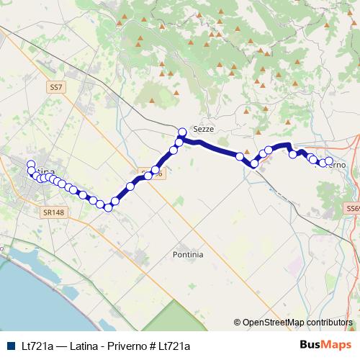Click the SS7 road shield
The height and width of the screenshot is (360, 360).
click(x=57, y=86)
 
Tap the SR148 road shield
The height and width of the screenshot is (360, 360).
click(x=53, y=212)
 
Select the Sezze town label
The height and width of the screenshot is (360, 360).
click(x=204, y=127)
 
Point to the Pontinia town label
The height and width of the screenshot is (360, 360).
click(x=188, y=254)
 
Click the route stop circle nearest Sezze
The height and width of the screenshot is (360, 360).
click(x=182, y=132)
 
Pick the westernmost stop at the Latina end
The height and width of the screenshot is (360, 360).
click(x=30, y=164)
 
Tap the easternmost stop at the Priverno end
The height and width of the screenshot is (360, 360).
click(x=329, y=161)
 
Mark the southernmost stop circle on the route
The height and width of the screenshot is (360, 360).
click(x=108, y=207)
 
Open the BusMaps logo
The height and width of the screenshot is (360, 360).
click(x=325, y=345)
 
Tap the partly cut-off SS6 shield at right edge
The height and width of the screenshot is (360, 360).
click(x=352, y=209)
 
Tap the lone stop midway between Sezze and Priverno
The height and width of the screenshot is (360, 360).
click(x=239, y=156)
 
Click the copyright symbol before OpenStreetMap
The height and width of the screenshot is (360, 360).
click(x=238, y=323)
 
